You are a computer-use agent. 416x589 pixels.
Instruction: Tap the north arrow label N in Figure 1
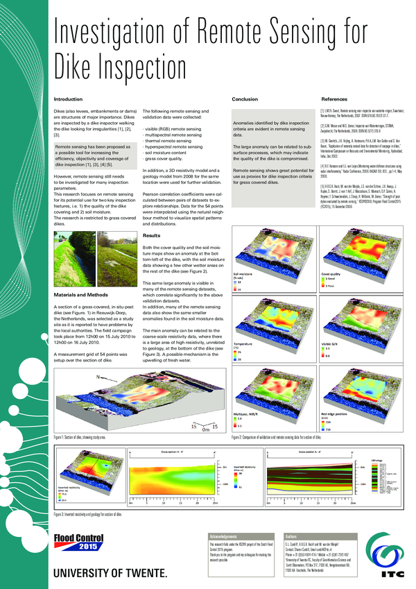pyautogui.click(x=98, y=377)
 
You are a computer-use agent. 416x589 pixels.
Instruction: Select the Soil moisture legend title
pyautogui.click(x=243, y=274)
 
